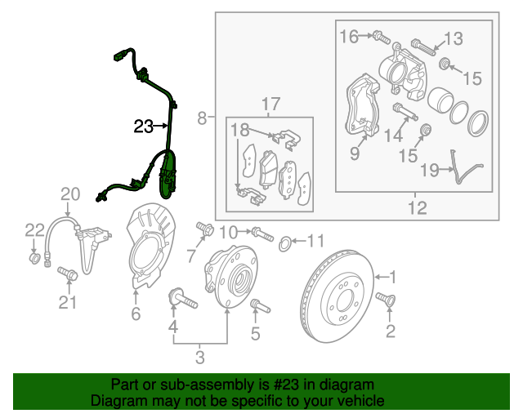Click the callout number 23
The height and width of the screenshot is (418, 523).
point(144,127)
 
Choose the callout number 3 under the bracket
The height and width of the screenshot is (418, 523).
point(199,356)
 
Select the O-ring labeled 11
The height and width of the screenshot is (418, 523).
point(284,242)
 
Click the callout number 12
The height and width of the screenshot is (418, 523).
point(418,208)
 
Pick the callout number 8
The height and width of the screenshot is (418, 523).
point(202,119)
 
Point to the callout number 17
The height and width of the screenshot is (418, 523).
point(270,104)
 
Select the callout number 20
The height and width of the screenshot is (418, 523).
point(71,194)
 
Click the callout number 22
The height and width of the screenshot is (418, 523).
point(33,230)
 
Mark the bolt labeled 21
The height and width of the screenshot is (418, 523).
point(67,275)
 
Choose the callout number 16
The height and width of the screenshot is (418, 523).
point(349,36)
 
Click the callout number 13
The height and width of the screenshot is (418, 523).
point(453,38)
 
